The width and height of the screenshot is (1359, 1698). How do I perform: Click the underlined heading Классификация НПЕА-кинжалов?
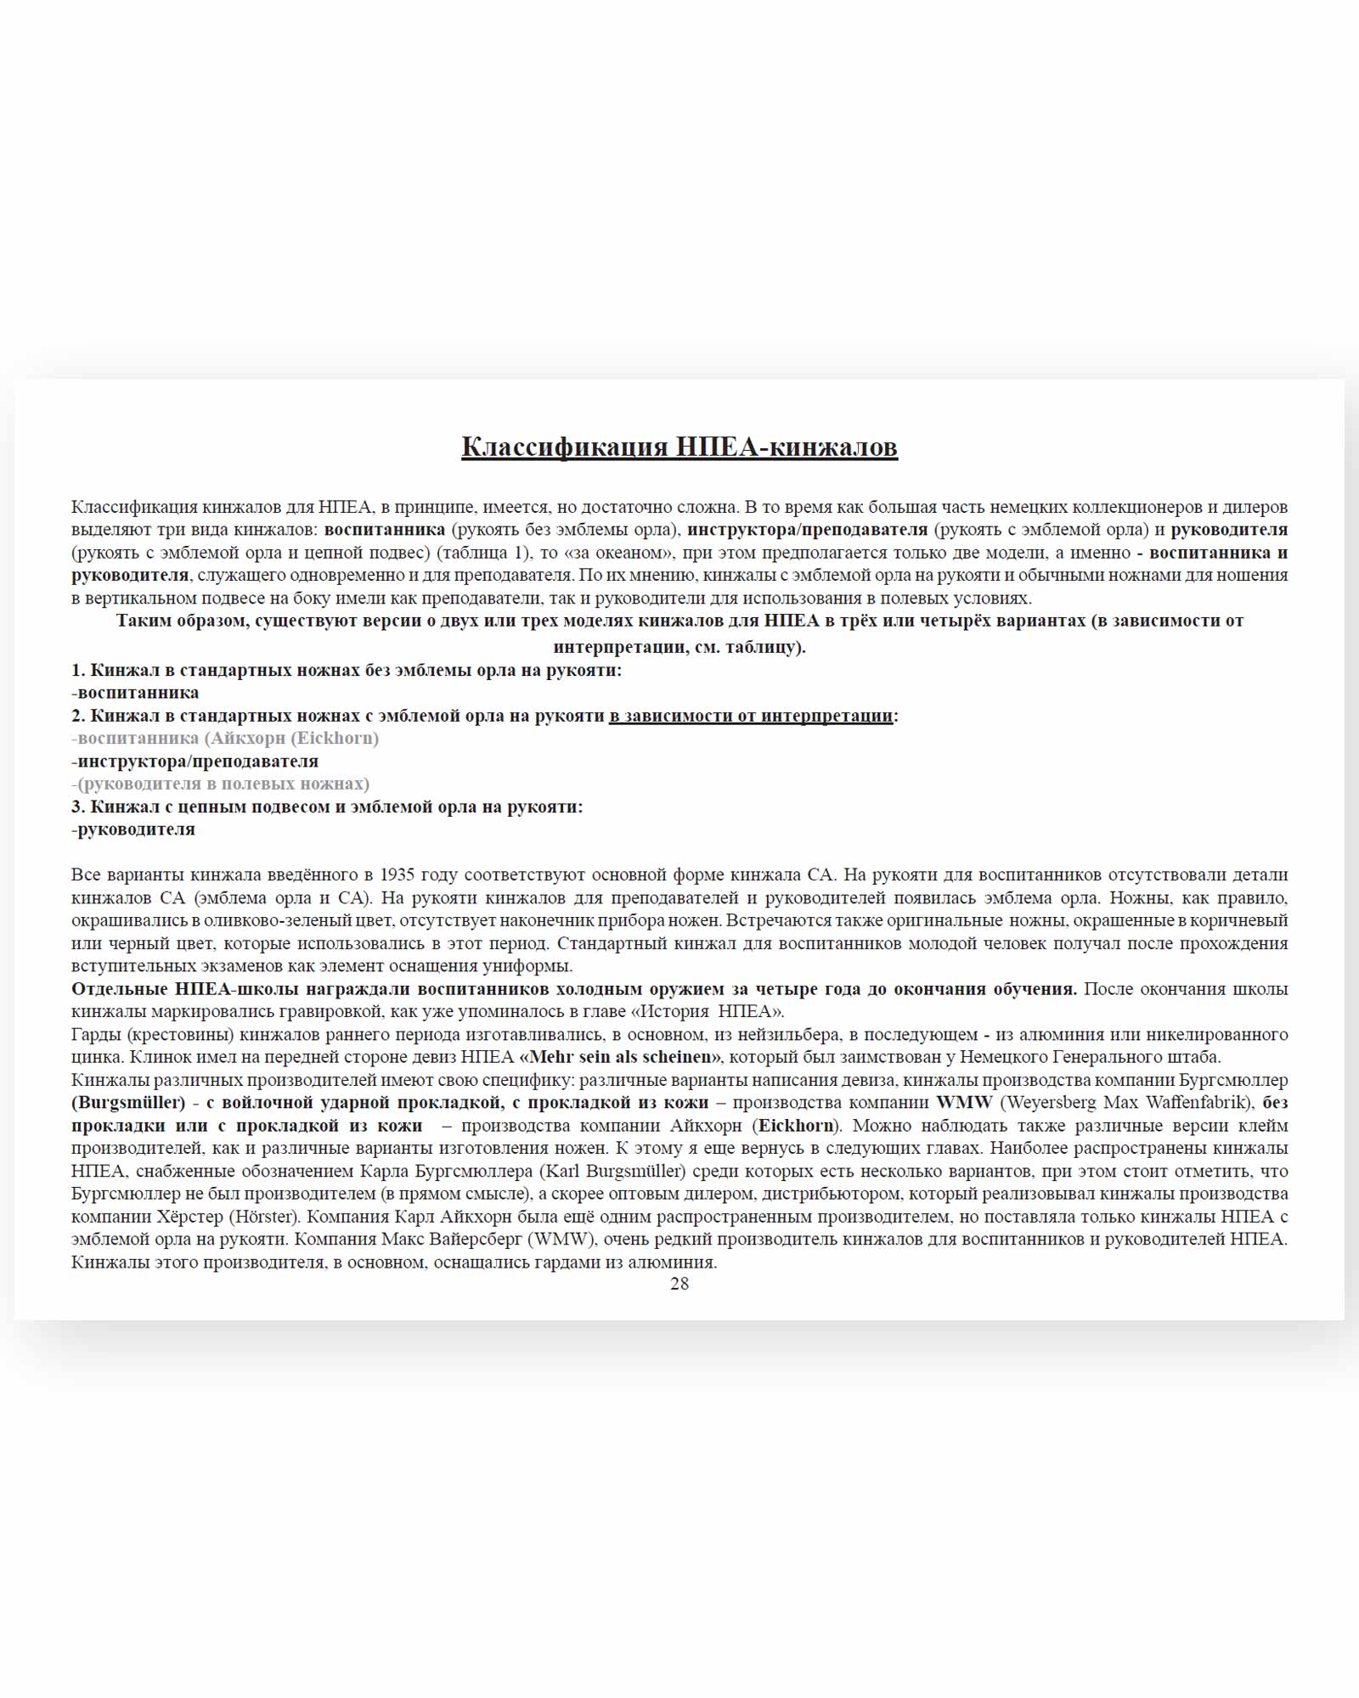(679, 447)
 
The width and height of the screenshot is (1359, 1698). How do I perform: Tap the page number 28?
(679, 1284)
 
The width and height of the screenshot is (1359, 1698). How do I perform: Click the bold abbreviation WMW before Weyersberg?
(964, 1103)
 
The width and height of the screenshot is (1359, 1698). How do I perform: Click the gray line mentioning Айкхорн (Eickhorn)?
(226, 738)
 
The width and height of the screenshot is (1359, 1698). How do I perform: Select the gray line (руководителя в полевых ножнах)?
(222, 784)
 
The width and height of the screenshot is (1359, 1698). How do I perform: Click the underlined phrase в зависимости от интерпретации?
(751, 716)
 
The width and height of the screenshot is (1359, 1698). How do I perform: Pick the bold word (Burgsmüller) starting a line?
(128, 1103)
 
